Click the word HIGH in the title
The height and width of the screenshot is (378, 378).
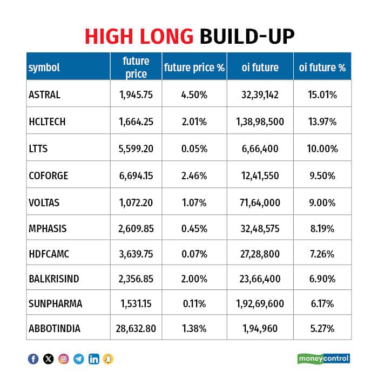[x=109, y=36]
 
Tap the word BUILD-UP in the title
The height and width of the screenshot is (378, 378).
[x=247, y=36]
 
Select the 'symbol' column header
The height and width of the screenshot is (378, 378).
[x=44, y=67]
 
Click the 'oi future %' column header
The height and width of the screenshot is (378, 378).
[x=322, y=67]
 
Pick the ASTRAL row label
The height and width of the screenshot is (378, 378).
[x=45, y=94]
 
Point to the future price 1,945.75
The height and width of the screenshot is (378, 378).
[x=136, y=94]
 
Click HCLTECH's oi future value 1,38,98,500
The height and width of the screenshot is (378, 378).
[x=260, y=122]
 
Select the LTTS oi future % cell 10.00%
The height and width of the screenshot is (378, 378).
[x=322, y=148]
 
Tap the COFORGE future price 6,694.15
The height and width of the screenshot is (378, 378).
[x=136, y=175]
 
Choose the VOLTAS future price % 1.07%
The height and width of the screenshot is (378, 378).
[x=194, y=202]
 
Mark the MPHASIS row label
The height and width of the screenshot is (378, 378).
[x=48, y=228]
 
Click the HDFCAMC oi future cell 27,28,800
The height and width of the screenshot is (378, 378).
[x=260, y=254]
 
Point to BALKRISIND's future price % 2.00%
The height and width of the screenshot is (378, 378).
[x=194, y=279]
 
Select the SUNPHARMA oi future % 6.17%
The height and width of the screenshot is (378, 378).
[x=322, y=303]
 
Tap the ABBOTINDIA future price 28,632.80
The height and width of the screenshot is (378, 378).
[x=136, y=328]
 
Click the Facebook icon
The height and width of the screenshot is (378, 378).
[x=33, y=359]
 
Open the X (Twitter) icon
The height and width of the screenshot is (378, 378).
[x=49, y=359]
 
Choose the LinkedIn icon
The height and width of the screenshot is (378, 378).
[x=94, y=359]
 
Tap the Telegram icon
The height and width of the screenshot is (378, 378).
[x=79, y=359]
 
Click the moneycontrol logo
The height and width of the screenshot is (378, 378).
[x=323, y=359]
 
